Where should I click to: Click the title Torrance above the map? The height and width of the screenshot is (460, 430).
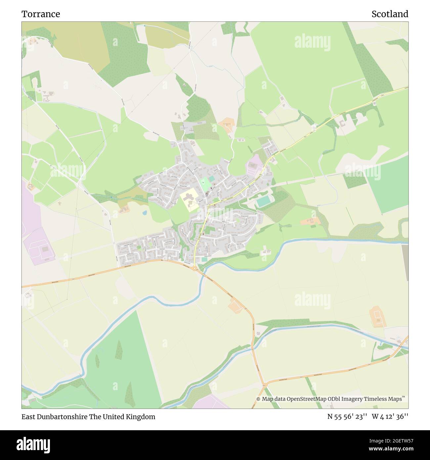point(41,14)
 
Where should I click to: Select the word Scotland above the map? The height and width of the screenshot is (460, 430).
point(390,14)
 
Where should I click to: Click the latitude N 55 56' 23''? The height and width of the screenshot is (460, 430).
point(347,417)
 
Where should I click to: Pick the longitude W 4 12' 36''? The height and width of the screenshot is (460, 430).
point(390,417)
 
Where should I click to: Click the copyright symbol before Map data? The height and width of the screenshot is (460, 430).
point(258,399)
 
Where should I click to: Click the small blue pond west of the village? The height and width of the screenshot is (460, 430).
point(145,213)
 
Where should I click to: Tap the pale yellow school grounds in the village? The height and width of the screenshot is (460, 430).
point(190,200)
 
